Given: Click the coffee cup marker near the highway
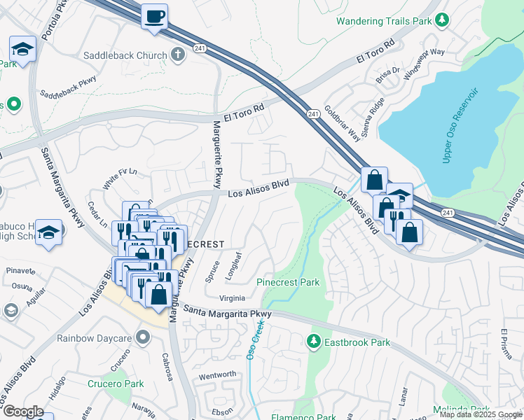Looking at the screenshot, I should [x=154, y=16].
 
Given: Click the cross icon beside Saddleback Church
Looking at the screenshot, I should [x=179, y=55].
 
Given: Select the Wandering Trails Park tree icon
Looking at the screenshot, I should [x=441, y=21].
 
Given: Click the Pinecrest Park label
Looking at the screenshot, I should [x=288, y=283].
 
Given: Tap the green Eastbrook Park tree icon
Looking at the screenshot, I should [x=314, y=342].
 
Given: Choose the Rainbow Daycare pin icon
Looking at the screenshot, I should [x=144, y=338].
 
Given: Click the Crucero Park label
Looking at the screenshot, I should [x=116, y=384].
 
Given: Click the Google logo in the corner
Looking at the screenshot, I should [x=23, y=412].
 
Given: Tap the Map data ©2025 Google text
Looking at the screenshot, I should [x=481, y=414].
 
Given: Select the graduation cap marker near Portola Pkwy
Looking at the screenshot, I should [x=22, y=50].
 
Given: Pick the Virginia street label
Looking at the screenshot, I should [x=232, y=297].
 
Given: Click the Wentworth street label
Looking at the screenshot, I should [x=218, y=374].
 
